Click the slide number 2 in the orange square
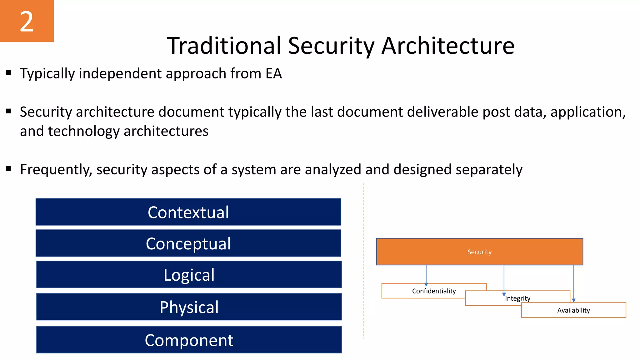pyautogui.click(x=27, y=21)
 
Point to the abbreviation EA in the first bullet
pyautogui.click(x=273, y=73)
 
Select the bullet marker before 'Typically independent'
pyautogui.click(x=8, y=73)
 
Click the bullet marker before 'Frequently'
pyautogui.click(x=8, y=169)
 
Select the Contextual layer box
pyautogui.click(x=188, y=212)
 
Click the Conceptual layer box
pyautogui.click(x=188, y=243)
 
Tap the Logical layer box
pyautogui.click(x=189, y=275)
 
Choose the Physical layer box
pyautogui.click(x=189, y=307)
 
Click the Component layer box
pyautogui.click(x=189, y=340)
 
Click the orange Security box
pyautogui.click(x=479, y=252)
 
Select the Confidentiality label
pyautogui.click(x=434, y=291)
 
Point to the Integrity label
pyautogui.click(x=518, y=298)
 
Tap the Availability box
pyautogui.click(x=573, y=310)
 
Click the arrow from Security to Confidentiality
pyautogui.click(x=426, y=275)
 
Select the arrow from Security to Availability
pyautogui.click(x=574, y=283)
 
